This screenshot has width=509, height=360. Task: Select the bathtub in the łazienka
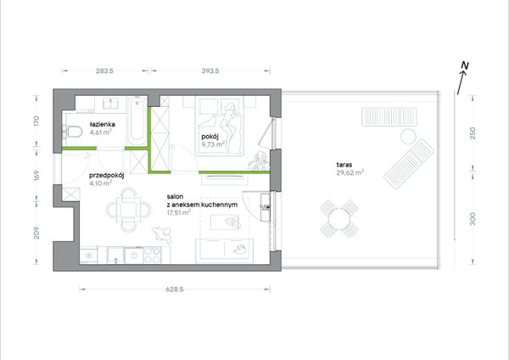click(x=137, y=121)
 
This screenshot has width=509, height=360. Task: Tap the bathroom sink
click(x=110, y=104)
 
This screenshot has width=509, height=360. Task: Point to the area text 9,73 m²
click(x=213, y=144)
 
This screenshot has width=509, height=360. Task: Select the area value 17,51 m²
click(x=178, y=213)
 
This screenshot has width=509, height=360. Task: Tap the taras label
click(x=344, y=165)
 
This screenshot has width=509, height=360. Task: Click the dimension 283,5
click(x=105, y=70)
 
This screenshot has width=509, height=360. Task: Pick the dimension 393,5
click(x=210, y=70)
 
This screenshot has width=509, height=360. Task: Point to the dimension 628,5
click(x=175, y=290)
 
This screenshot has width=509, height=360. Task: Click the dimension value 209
click(x=36, y=233)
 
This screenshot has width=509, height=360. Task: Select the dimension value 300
click(x=473, y=219)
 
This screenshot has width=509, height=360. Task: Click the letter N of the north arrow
click(x=465, y=66)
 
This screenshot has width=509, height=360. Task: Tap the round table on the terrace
click(x=339, y=219)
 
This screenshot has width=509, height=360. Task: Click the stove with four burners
click(x=152, y=255)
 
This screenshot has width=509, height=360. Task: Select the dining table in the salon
click(x=129, y=210)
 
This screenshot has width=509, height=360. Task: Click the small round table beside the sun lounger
click(x=408, y=137)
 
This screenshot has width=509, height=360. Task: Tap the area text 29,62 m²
click(x=350, y=172)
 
